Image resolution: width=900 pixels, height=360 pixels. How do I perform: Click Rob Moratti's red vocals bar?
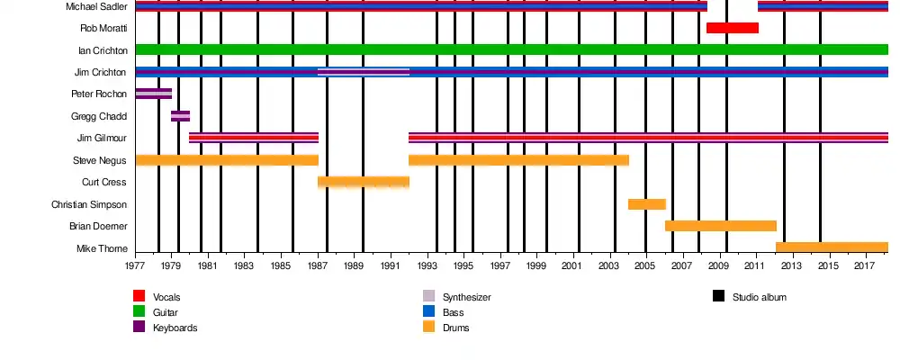732,28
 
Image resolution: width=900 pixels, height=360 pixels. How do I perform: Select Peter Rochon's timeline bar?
153,94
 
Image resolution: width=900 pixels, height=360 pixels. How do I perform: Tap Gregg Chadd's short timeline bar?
180,116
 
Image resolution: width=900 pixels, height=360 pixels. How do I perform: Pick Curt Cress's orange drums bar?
363,182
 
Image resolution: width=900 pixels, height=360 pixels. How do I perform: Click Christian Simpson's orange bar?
646,204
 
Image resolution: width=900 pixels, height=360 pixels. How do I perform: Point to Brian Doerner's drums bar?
720,226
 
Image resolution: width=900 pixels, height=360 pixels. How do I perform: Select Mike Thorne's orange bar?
832,247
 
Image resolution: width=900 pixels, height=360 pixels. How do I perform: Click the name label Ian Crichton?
103,50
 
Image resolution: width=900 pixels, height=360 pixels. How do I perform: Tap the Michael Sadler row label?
96,6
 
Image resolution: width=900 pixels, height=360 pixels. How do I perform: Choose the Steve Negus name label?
100,160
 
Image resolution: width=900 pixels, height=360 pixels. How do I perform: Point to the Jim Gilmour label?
102,138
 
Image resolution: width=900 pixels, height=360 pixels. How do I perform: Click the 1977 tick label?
135,267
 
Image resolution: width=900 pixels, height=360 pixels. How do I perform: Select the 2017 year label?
864,267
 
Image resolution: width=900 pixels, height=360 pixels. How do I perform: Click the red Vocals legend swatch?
139,296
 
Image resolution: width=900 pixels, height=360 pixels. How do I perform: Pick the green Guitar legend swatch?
139,311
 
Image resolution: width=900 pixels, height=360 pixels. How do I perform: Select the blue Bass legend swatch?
428,311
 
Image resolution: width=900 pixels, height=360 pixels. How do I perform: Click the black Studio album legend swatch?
718,296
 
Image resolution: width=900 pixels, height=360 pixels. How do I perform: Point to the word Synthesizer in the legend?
466,297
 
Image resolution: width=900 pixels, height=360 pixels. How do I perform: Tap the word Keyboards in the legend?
175,328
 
